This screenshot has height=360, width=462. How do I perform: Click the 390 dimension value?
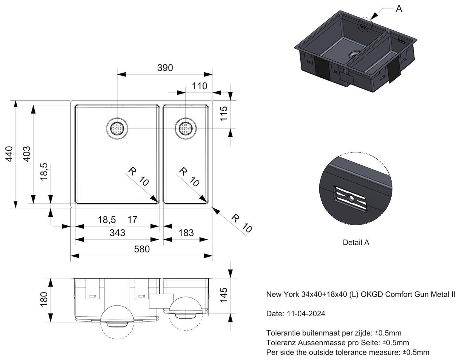pyautogui.click(x=165, y=68)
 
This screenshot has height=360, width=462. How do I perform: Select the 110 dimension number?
pyautogui.click(x=200, y=86)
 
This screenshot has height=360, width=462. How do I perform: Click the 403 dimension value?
pyautogui.click(x=26, y=153)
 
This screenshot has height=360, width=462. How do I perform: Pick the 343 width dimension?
pyautogui.click(x=117, y=233)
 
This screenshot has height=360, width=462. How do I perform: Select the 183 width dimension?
pyautogui.click(x=186, y=233)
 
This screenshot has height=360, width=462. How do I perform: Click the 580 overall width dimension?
pyautogui.click(x=141, y=249)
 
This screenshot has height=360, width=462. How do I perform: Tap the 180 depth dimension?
pyautogui.click(x=43, y=299)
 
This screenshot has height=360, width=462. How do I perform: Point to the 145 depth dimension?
pyautogui.click(x=224, y=295)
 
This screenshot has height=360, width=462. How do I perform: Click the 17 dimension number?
pyautogui.click(x=132, y=220)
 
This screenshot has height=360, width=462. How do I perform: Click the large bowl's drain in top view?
pyautogui.click(x=117, y=129)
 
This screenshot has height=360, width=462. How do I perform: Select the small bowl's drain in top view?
pyautogui.click(x=185, y=129)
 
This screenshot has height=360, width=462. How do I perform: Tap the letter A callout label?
pyautogui.click(x=399, y=8)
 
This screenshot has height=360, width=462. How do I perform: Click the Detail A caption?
pyautogui.click(x=356, y=243)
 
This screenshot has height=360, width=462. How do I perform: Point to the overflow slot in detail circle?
pyautogui.click(x=350, y=198)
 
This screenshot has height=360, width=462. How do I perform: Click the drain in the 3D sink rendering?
pyautogui.click(x=353, y=54)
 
